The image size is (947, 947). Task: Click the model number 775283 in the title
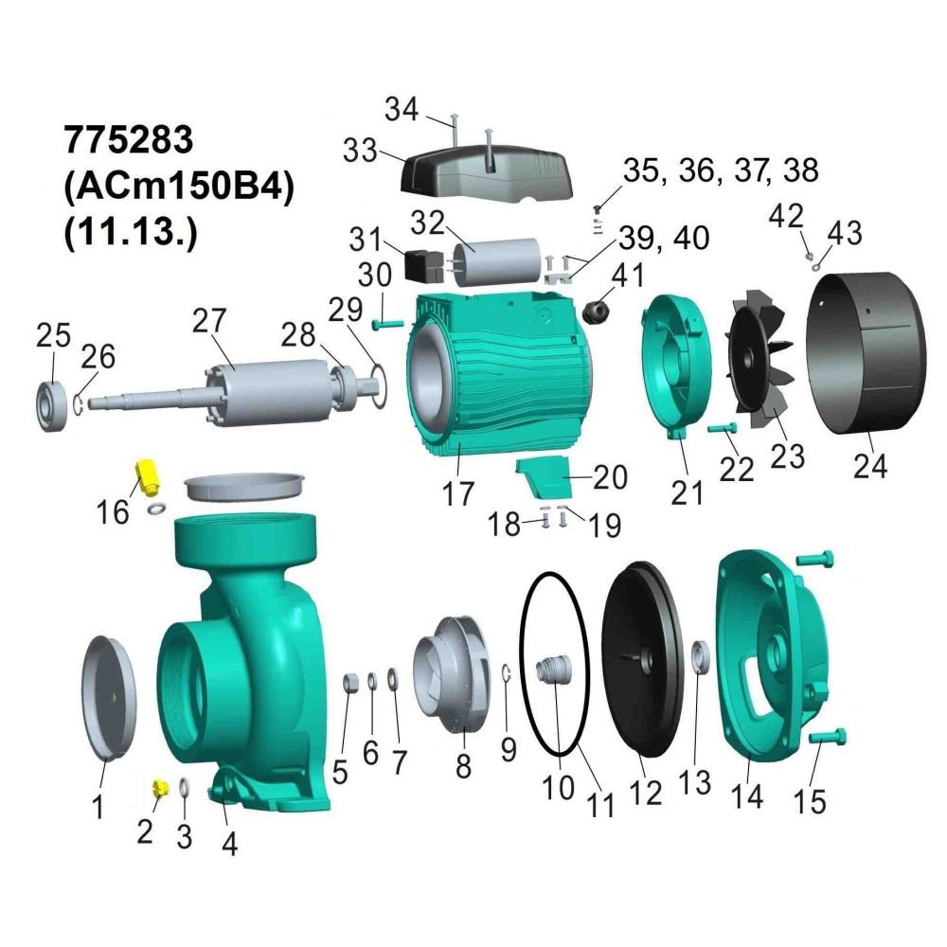[129, 139]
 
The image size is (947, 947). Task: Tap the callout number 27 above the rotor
[209, 321]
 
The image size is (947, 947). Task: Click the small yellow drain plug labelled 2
[160, 788]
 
